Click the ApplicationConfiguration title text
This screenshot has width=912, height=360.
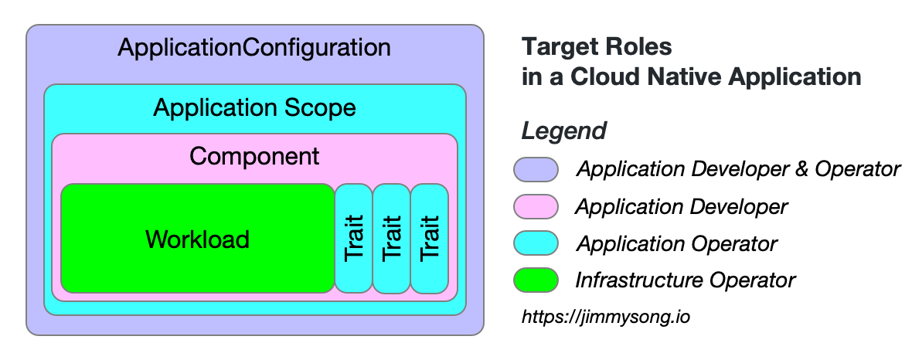click(254, 48)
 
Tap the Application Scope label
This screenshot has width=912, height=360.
click(254, 107)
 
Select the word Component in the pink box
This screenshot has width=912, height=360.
click(254, 156)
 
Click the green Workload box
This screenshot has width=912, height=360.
click(197, 239)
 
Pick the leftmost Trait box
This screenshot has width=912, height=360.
click(353, 239)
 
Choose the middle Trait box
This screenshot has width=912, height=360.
click(391, 239)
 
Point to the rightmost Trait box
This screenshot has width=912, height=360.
click(429, 239)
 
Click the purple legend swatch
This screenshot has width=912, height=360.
click(536, 169)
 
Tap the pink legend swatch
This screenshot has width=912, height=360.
click(536, 206)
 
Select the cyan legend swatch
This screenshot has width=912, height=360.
click(536, 243)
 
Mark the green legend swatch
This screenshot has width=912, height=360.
click(536, 280)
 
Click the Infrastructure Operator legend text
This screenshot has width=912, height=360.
click(685, 280)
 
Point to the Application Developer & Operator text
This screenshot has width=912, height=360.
click(738, 169)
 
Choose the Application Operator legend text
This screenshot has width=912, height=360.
click(676, 244)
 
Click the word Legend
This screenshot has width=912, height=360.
click(563, 131)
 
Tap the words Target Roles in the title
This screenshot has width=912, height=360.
click(597, 48)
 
